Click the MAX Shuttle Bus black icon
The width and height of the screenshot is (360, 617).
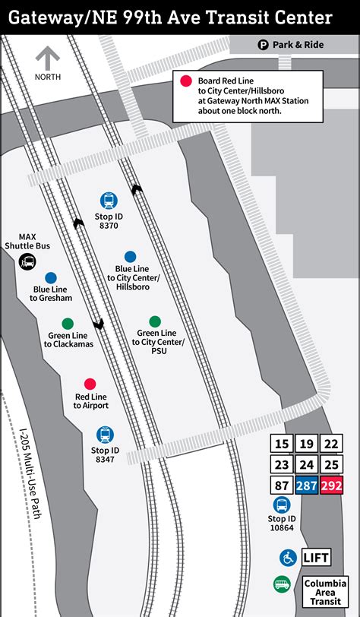[x=27, y=262]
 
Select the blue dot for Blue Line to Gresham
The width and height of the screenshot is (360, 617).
[x=51, y=278]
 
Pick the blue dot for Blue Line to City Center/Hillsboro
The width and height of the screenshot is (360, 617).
[x=131, y=257]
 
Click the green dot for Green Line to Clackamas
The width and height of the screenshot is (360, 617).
[x=68, y=323]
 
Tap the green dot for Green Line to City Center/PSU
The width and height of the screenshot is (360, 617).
[x=155, y=321]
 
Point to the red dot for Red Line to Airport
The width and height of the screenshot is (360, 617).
[x=90, y=384]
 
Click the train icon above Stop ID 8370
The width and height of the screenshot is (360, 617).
[x=109, y=201]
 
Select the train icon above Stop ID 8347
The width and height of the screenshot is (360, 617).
[x=105, y=435]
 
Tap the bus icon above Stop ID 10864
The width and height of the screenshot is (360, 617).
[x=281, y=505]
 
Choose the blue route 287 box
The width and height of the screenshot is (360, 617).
[x=306, y=486]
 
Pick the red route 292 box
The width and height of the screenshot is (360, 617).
[x=330, y=486]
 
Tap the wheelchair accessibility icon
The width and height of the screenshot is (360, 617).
[x=288, y=558]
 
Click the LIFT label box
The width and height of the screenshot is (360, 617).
[x=317, y=558]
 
